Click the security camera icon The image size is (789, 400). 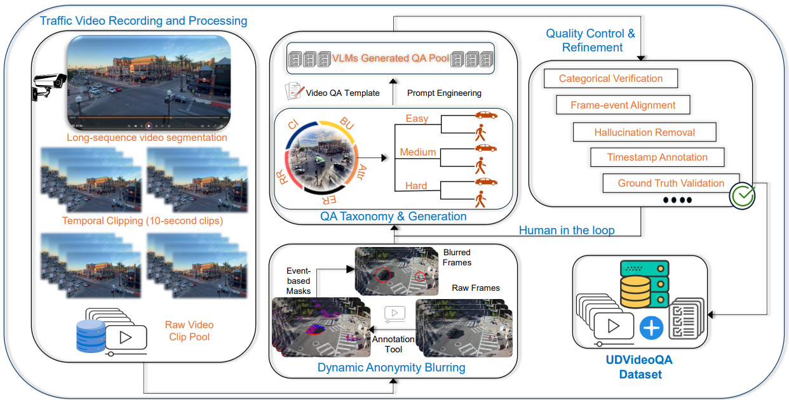pos(48,85)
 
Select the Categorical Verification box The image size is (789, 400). pos(610,79)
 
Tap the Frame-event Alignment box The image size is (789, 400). pos(623,105)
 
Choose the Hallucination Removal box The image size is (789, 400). pos(644,132)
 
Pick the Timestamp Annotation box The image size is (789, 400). pos(657,157)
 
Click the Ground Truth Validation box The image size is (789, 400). pos(670,183)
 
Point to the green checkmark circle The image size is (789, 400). pos(742,196)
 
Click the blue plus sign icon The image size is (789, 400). pos(652,328)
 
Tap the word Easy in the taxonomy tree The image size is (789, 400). pos(417,119)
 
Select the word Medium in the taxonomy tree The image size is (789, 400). pos(417,152)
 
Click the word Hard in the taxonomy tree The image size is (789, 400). pos(416,186)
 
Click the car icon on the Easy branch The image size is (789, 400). pos(486,115)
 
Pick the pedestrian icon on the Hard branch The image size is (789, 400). pos(480,200)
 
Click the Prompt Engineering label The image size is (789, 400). pos(444,93)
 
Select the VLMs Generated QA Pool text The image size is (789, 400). pos(391,58)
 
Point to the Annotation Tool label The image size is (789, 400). pos(393,344)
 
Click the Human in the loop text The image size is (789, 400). pos(567,230)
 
